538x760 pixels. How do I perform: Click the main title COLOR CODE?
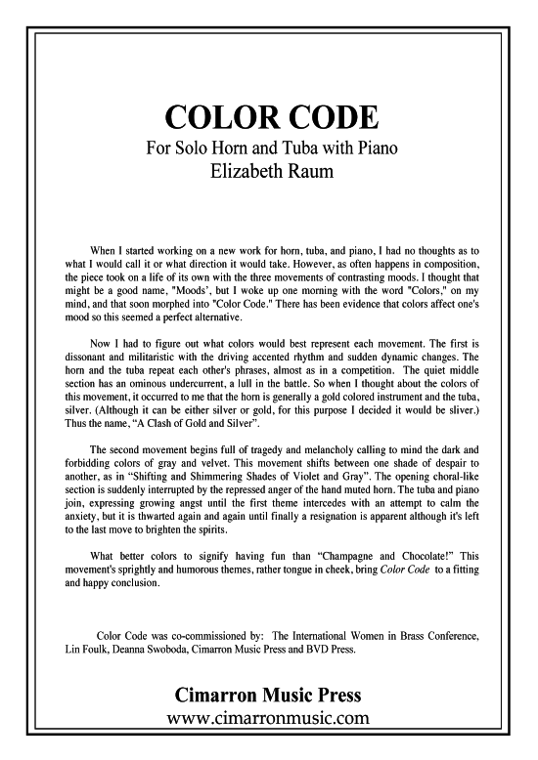269,118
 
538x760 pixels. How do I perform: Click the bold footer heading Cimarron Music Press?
268,723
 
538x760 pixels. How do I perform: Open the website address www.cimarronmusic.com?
268,745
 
